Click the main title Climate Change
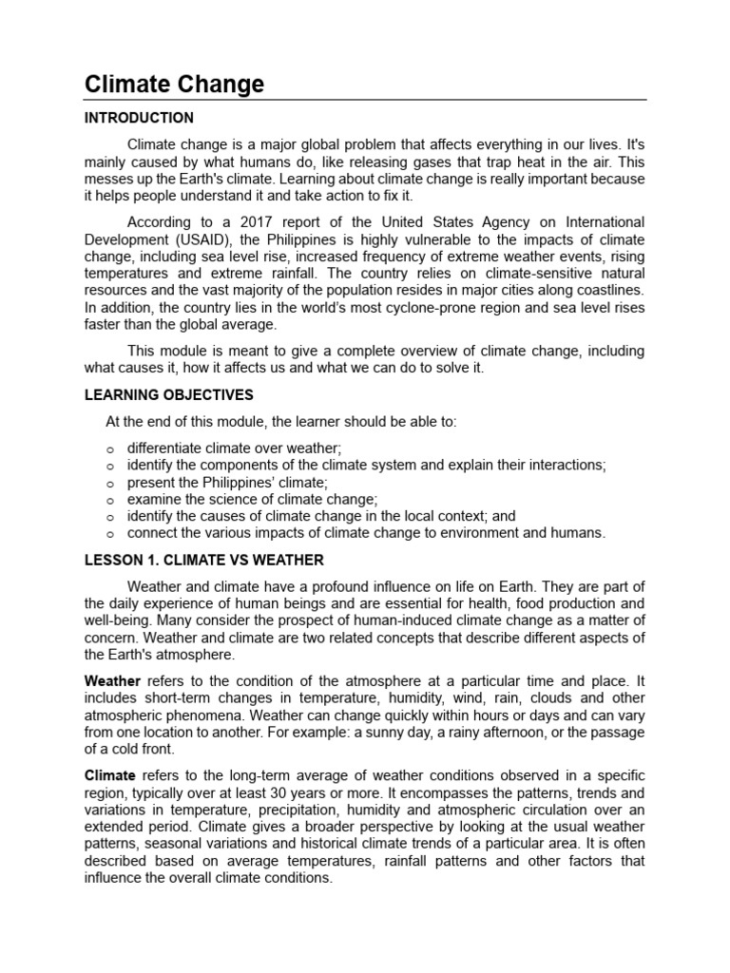(x=174, y=85)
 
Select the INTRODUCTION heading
(x=139, y=119)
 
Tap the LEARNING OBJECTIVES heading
(x=169, y=394)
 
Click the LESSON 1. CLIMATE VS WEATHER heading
(x=204, y=560)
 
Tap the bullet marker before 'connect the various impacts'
(x=110, y=534)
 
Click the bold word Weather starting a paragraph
(x=112, y=681)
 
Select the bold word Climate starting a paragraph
(x=110, y=775)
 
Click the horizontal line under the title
(x=365, y=100)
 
